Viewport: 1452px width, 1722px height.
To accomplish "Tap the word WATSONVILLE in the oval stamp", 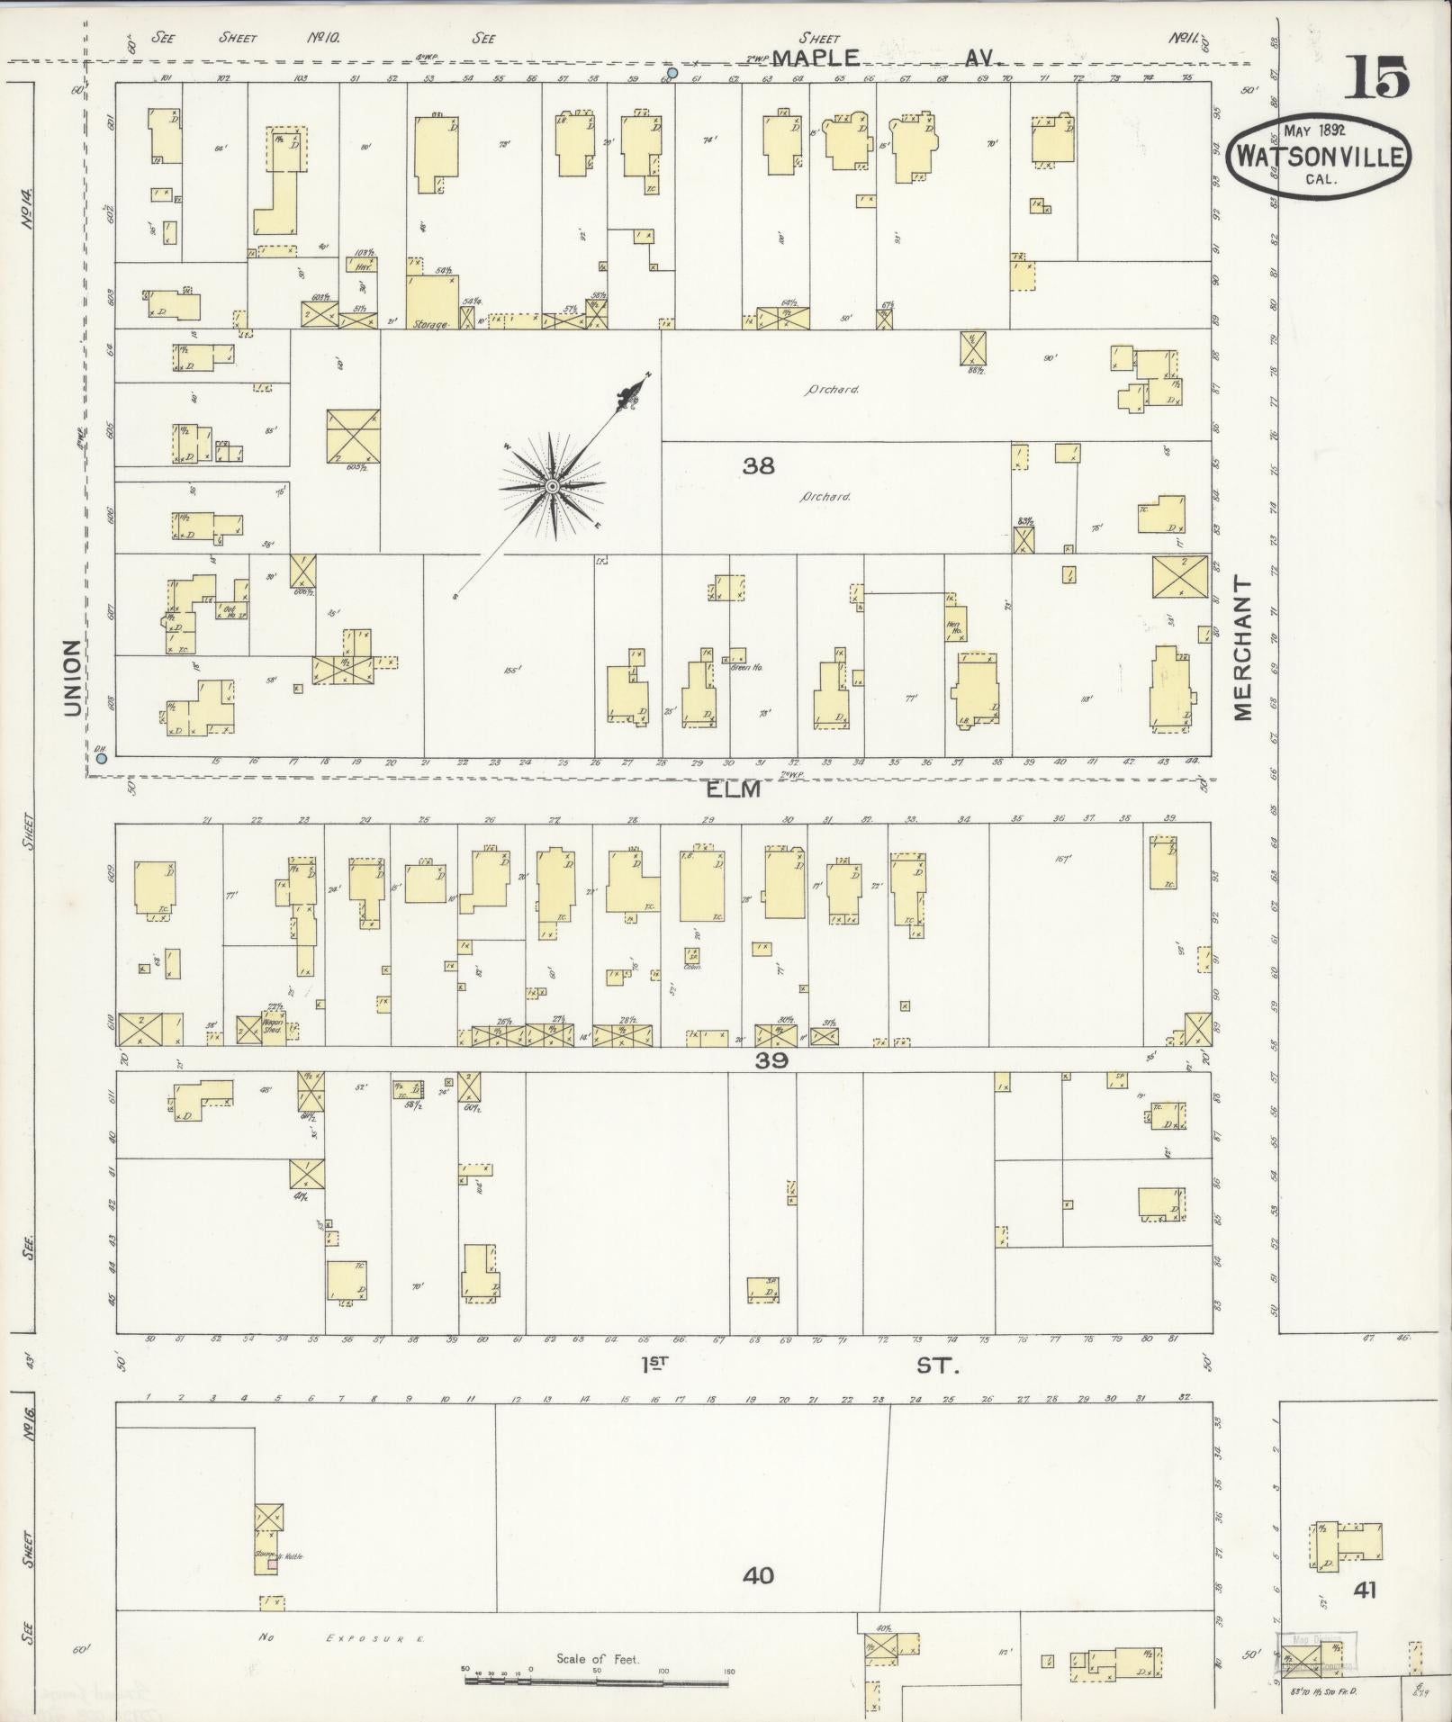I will coord(1320,157).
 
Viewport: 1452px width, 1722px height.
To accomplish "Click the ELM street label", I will coord(733,789).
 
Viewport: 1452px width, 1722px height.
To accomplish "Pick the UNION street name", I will coord(72,678).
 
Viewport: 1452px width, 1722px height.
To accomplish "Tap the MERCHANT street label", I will coord(1243,648).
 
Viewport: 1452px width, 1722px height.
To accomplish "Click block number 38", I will coord(759,466).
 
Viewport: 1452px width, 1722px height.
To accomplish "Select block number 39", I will coord(771,1060).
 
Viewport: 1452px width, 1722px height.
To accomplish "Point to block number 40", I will coord(758,1575).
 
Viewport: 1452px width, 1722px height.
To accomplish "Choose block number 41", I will coord(1365,1591).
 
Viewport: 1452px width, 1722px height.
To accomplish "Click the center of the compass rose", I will coord(552,487).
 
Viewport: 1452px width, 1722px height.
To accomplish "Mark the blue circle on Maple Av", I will coord(672,72).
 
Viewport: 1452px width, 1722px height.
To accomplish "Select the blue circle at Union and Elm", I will coord(102,759).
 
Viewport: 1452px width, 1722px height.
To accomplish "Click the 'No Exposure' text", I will coord(342,1638).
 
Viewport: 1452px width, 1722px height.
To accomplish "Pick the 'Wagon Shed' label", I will coord(273,1025).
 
